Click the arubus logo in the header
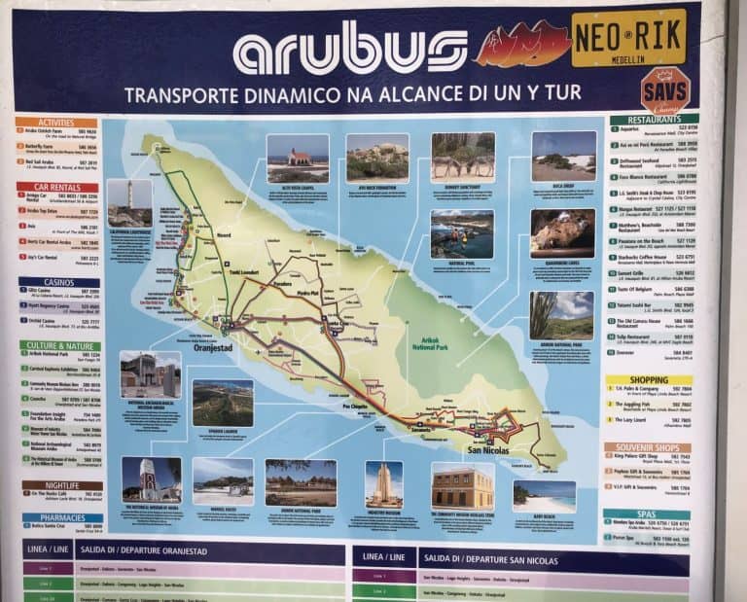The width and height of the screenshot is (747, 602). coord(349,49)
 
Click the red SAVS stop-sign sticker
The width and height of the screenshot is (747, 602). coord(665,89)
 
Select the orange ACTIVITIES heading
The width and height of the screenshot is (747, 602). coord(56,123)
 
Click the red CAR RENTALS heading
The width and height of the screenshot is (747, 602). coord(56,187)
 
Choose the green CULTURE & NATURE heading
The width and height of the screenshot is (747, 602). coord(59,345)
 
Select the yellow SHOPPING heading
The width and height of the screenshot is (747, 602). coord(648,380)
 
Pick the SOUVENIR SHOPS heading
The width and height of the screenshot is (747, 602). coord(647,446)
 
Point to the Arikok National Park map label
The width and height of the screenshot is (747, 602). coord(430,341)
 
